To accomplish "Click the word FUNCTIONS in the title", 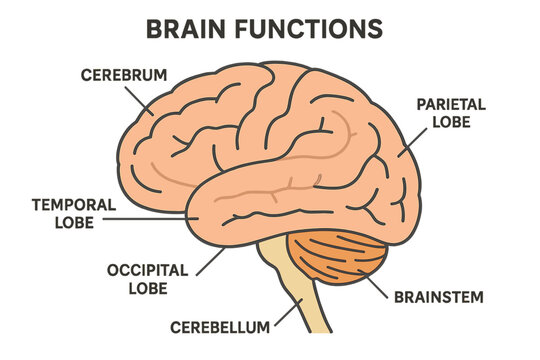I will [x=311, y=28].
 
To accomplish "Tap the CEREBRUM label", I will [x=123, y=75].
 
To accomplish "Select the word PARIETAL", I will [x=452, y=104].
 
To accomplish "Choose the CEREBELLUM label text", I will [x=219, y=327].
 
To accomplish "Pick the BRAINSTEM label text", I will [x=439, y=297].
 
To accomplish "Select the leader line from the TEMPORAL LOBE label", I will [x=150, y=215].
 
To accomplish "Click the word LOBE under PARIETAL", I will [x=452, y=121].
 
